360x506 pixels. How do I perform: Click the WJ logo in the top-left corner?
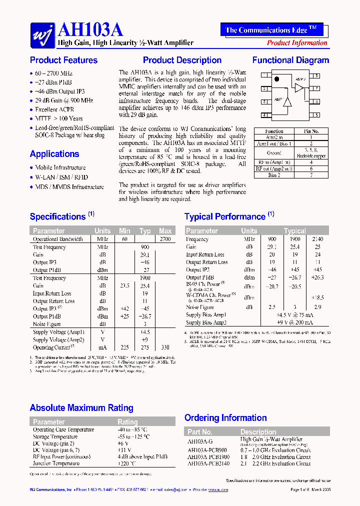42,34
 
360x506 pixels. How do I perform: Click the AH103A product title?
90,30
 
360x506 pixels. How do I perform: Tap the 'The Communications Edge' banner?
271,30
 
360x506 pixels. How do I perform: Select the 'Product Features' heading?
63,60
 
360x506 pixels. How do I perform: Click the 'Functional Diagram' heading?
290,60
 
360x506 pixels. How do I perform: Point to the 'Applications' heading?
54,154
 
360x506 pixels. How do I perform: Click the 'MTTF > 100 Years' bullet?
59,119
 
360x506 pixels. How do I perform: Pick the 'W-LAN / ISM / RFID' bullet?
61,177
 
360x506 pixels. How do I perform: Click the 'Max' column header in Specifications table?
165,231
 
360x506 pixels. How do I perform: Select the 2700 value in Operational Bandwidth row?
165,239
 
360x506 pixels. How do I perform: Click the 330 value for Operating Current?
165,347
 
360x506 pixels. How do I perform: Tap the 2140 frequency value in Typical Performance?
317,239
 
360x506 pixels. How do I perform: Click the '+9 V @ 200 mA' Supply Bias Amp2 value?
295,322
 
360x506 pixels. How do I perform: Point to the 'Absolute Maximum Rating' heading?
81,408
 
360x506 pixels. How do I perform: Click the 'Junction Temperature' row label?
56,463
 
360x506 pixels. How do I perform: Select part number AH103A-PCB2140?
208,463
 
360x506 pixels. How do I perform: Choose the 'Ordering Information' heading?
225,418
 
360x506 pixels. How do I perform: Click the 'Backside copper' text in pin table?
311,156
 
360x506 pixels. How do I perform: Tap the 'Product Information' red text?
297,43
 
